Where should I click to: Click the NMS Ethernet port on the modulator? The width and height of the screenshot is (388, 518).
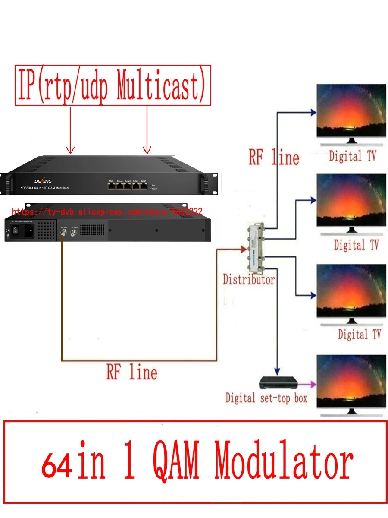111,186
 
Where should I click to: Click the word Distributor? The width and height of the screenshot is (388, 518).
248,280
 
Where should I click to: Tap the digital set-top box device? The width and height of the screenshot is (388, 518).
278,382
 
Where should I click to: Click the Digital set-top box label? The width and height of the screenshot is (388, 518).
266,398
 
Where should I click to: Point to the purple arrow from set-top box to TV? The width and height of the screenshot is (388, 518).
307,383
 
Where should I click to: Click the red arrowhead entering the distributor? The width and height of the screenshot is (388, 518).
244,249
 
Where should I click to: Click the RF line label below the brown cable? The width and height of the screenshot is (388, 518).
131,372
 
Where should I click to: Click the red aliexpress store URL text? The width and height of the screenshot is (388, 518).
107,212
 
